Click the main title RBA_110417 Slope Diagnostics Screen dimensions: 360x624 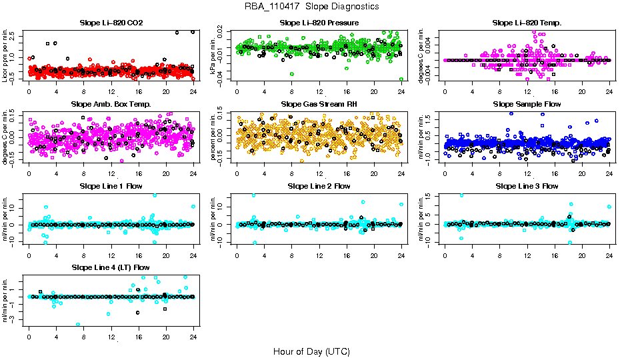(x=312, y=7)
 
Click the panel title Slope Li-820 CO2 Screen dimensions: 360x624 (x=111, y=23)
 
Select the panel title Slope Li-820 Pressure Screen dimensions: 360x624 (x=319, y=23)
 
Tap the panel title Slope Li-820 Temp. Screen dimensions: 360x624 (x=527, y=23)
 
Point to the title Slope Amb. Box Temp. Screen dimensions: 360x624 (x=111, y=105)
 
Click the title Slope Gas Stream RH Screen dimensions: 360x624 (x=319, y=105)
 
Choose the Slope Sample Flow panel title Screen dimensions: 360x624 (x=527, y=105)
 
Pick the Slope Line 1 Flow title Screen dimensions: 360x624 (x=111, y=186)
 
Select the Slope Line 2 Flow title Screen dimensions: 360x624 (x=319, y=186)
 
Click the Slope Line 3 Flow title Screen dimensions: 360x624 (x=527, y=186)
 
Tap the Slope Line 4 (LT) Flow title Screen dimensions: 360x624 (x=111, y=267)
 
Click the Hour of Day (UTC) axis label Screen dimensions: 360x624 (x=311, y=351)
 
